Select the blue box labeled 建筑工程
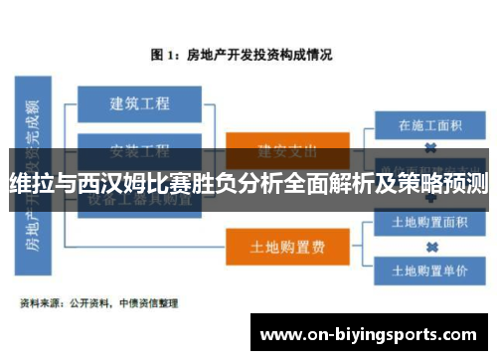pyautogui.click(x=139, y=102)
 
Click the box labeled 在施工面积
pyautogui.click(x=430, y=126)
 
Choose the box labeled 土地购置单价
pyautogui.click(x=430, y=270)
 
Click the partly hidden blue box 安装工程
pyautogui.click(x=139, y=150)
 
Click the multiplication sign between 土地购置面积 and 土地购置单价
pyautogui.click(x=431, y=247)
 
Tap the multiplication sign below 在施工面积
pyautogui.click(x=431, y=148)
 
